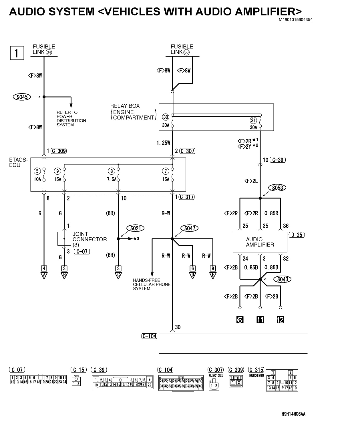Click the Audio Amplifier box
point(260,242)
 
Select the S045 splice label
point(22,97)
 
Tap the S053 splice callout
point(277,188)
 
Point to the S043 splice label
point(282,279)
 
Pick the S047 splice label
point(190,228)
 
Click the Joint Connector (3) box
point(64,238)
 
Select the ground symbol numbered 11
point(260,320)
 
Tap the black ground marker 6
point(240,320)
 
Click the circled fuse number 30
point(166,117)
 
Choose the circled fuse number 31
point(253,120)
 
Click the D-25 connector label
point(297,235)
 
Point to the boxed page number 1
point(17,53)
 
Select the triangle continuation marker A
point(44,275)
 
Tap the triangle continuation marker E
point(213,275)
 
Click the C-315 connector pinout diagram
point(282,380)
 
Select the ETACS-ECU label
point(18,162)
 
